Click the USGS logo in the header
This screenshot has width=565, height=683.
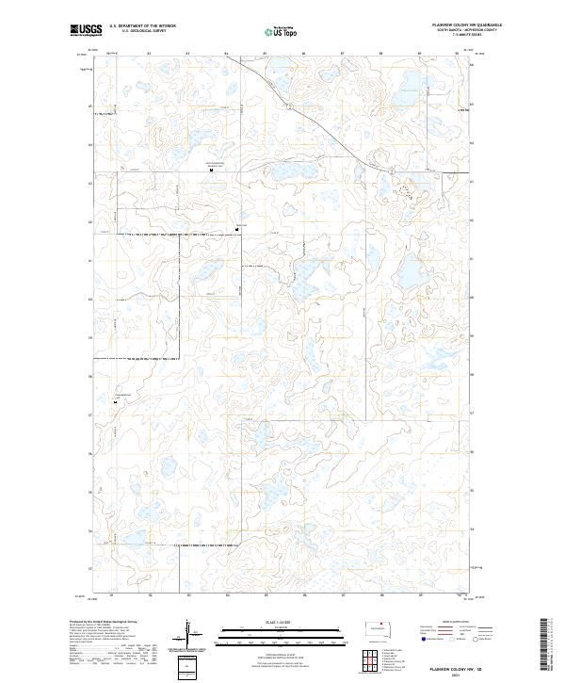pyautogui.click(x=86, y=30)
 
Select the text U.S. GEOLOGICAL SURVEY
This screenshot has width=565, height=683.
pyautogui.click(x=142, y=31)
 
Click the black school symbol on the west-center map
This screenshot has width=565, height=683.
pyautogui.click(x=236, y=230)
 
